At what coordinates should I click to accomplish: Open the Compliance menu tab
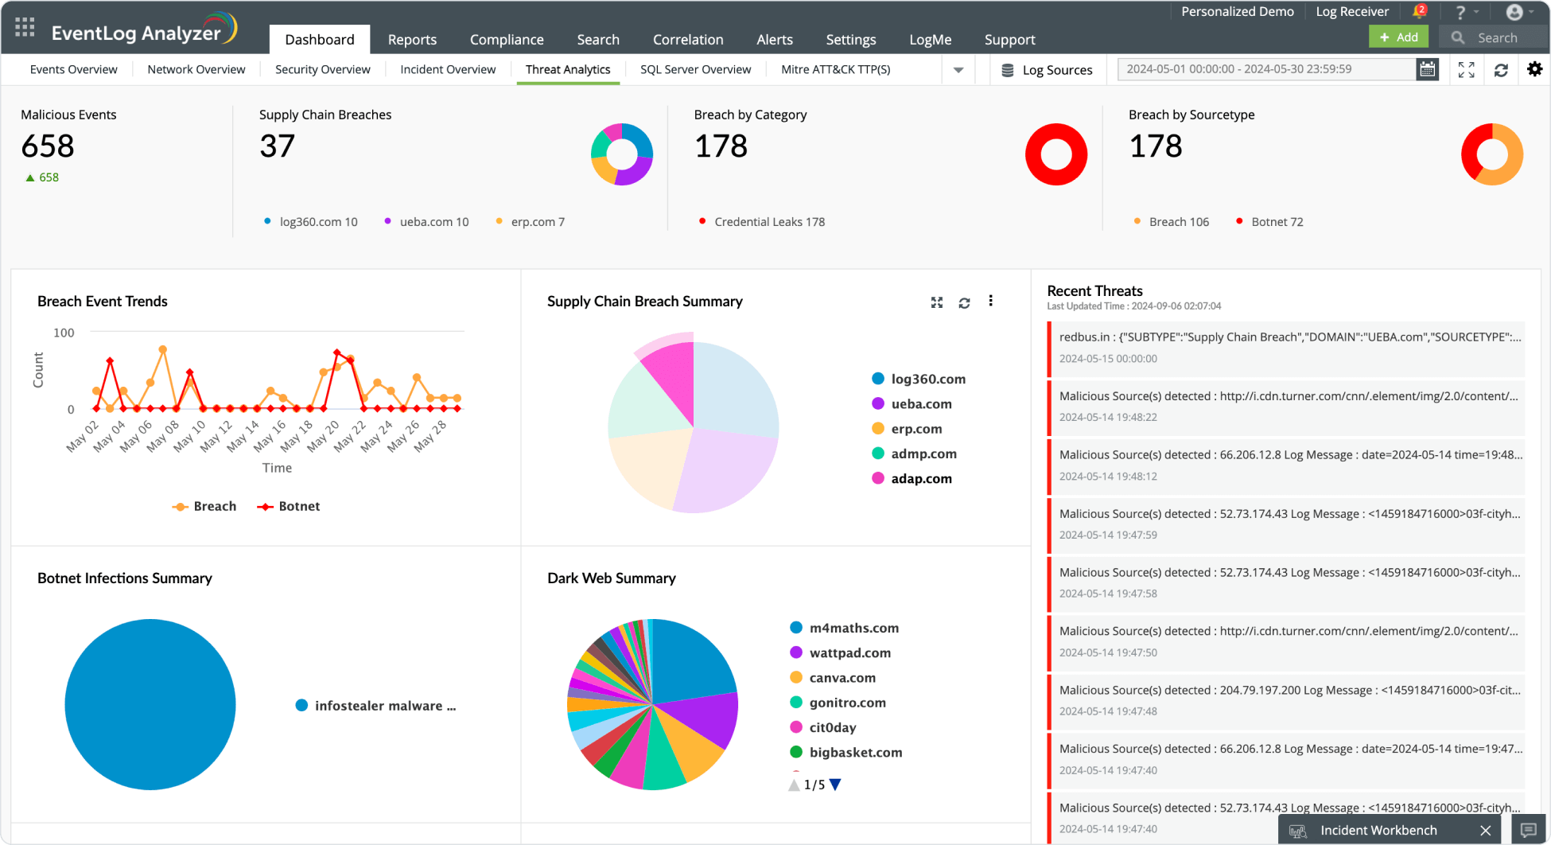click(507, 40)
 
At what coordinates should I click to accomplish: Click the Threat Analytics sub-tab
click(568, 69)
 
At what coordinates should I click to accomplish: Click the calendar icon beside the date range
click(1428, 69)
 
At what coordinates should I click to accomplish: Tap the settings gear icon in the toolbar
click(1534, 69)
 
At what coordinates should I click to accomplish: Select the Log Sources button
click(1047, 70)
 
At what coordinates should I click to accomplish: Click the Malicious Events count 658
click(48, 146)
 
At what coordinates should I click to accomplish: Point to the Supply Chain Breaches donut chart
click(622, 154)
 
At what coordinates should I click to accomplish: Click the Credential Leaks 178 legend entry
click(769, 222)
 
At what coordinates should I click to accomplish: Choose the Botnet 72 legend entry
click(1277, 222)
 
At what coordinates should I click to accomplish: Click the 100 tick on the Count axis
click(64, 333)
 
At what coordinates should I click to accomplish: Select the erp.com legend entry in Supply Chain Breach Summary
click(915, 429)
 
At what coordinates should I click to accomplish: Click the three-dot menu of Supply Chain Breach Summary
click(990, 301)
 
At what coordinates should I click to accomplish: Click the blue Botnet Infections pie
click(150, 704)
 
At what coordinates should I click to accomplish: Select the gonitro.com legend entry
click(847, 703)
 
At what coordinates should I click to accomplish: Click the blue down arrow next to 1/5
click(835, 785)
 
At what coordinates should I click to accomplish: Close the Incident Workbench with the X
click(1485, 830)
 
